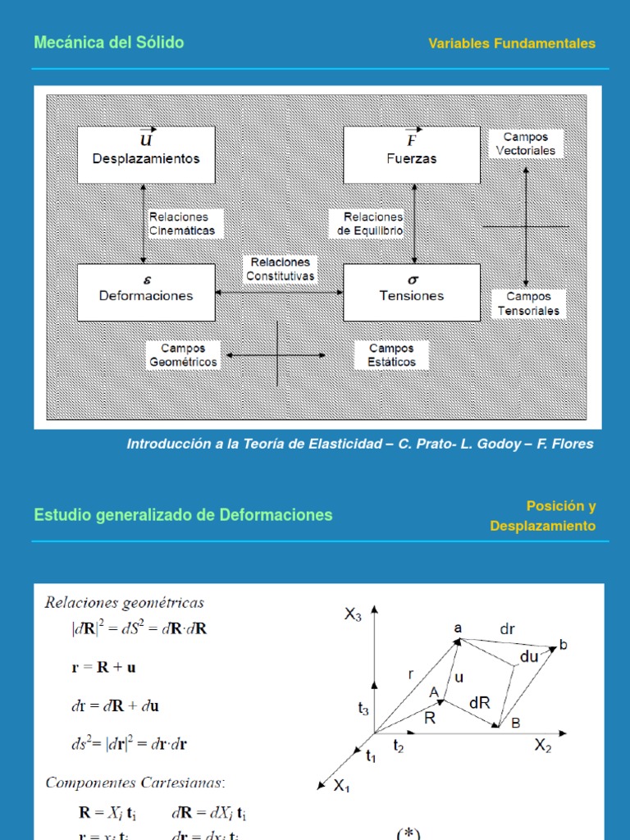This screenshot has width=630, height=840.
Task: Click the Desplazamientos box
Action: pos(146,154)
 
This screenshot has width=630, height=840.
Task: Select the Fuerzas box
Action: pos(411,154)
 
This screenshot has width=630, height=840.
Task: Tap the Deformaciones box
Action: pos(146,292)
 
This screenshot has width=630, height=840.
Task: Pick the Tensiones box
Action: pos(411,292)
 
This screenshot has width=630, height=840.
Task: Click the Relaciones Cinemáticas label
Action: pos(182,224)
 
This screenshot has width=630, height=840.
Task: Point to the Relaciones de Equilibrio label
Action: pos(370,224)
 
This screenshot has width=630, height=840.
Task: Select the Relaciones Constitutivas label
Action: pos(280,269)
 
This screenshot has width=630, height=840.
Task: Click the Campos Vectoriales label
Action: pos(526,144)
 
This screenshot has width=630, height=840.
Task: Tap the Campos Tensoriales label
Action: pos(528,304)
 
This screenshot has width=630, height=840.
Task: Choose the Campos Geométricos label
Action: pos(183,355)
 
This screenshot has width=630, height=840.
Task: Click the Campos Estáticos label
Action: pos(391,355)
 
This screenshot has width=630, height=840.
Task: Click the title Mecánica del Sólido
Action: pos(108,43)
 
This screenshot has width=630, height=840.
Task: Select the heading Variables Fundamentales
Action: pos(512,43)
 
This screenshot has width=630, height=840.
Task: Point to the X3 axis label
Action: pos(353,615)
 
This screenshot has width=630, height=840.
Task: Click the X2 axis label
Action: pos(543,745)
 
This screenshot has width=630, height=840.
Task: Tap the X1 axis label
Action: pos(341,786)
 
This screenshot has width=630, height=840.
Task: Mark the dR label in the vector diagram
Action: pos(480,703)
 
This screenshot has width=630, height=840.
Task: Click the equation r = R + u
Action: pos(104,667)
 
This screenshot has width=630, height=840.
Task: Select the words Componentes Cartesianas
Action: pos(135,783)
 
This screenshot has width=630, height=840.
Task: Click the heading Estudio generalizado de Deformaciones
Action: pos(183,515)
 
